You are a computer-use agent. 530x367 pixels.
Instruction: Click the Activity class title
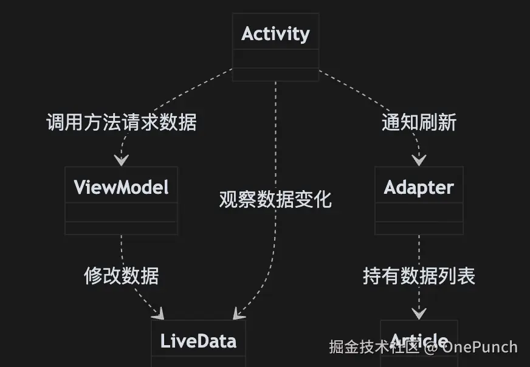point(275,33)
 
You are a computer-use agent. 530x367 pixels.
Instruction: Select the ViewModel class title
point(121,187)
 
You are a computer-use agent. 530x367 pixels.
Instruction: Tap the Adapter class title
point(419,187)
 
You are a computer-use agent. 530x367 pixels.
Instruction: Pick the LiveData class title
point(198,341)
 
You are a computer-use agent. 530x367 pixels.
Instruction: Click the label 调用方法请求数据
point(122,122)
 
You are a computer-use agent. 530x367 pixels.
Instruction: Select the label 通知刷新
point(419,122)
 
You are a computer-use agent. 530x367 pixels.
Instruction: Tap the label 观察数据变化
point(275,199)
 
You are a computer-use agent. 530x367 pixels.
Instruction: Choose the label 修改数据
point(122,276)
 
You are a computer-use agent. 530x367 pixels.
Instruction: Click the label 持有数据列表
point(419,276)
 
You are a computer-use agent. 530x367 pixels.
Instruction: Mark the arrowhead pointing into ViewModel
point(122,160)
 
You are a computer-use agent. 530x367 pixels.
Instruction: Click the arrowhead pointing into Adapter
point(419,160)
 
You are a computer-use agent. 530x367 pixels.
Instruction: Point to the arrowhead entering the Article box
point(419,314)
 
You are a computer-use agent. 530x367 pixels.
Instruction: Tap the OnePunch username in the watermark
point(480,347)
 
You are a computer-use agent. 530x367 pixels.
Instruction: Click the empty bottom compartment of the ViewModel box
point(121,228)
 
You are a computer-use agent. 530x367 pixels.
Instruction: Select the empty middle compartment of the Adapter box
point(419,212)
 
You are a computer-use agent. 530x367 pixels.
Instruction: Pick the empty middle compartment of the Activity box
point(275,59)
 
